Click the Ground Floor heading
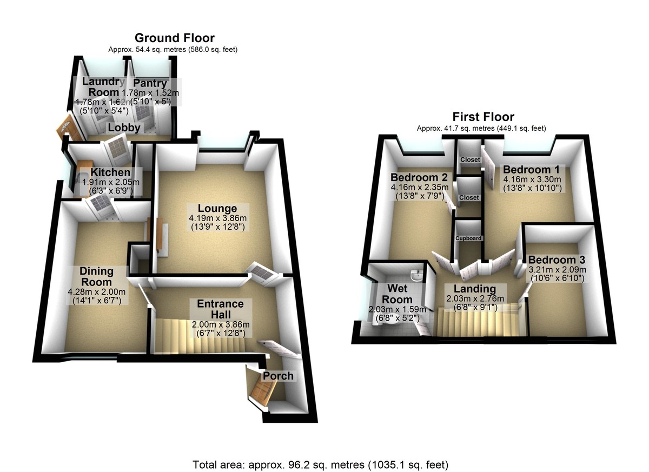[174, 38]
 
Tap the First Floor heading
[483, 117]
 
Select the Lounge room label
[217, 209]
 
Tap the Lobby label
[124, 128]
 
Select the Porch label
[279, 376]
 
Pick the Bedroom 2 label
[420, 177]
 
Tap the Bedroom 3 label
[557, 259]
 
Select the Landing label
[474, 289]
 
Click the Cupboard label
[468, 238]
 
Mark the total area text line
[321, 464]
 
